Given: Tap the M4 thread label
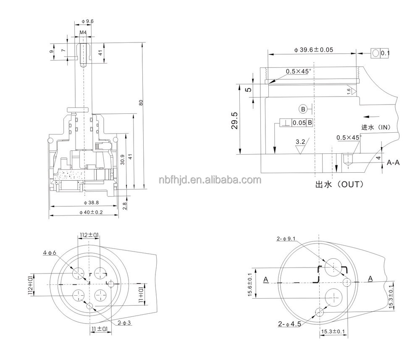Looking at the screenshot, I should click(84, 32).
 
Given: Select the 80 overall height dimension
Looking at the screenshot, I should click(141, 102).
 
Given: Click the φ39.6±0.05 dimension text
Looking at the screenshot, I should click(314, 50).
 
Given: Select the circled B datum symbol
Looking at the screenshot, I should click(304, 109).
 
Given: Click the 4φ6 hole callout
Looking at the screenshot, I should click(49, 252).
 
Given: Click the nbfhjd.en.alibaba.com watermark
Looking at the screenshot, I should click(210, 180).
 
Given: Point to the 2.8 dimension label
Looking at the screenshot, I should click(124, 206).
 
